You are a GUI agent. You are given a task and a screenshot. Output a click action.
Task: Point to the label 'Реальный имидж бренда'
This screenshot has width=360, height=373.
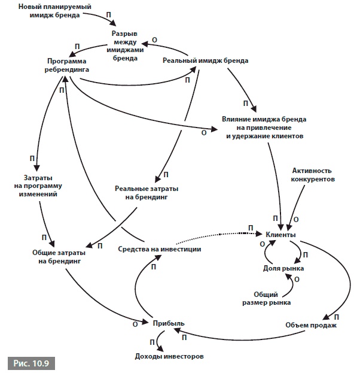coord(206,60)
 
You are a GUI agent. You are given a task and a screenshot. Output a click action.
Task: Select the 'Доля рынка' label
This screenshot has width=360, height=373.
coord(283,268)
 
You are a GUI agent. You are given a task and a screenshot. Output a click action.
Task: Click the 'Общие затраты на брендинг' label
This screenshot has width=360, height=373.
coord(57,257)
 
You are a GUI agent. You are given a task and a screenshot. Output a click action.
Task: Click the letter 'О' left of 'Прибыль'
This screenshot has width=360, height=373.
coord(135,323)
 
